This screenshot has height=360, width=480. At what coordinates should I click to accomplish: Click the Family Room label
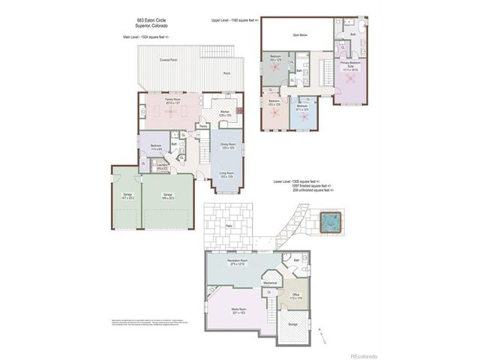173,100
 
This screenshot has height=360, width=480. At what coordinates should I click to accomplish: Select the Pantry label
203,126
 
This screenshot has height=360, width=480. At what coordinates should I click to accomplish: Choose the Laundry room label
162,169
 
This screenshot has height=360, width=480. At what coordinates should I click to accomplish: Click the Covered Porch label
168,58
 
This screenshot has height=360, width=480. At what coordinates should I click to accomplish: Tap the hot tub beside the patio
329,222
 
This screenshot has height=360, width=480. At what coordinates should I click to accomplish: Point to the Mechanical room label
271,283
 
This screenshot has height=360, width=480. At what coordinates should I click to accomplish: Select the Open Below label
302,34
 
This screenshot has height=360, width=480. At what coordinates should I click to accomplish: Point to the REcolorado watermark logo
365,355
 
